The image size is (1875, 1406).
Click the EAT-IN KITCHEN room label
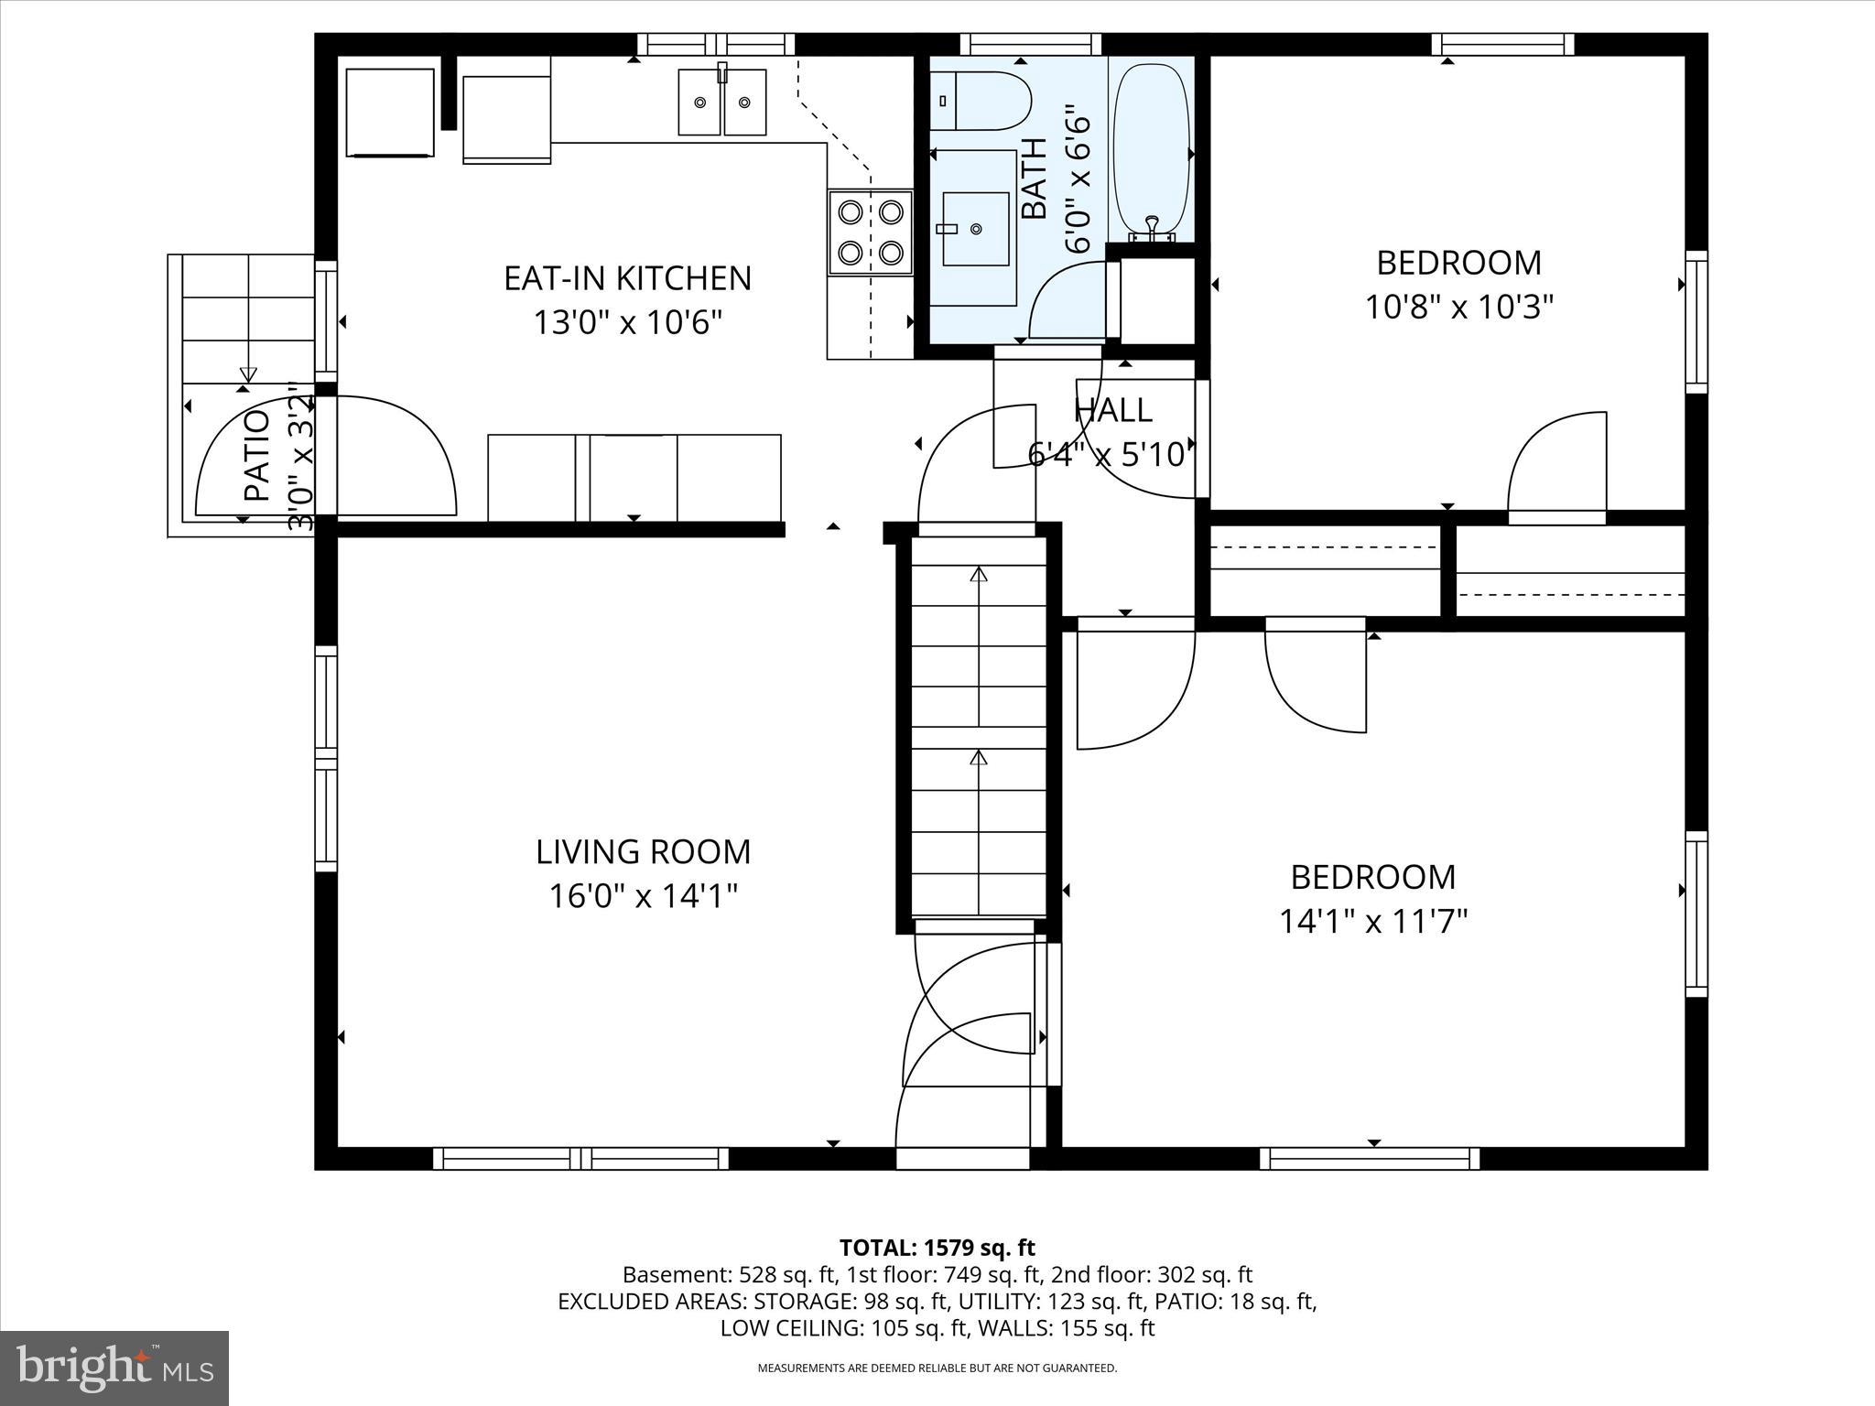[x=627, y=278]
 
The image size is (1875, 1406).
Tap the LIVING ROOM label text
[x=643, y=852]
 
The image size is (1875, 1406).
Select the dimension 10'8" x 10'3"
[x=1459, y=307]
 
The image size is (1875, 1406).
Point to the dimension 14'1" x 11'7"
[x=1372, y=921]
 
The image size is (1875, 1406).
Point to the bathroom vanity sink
[x=976, y=229]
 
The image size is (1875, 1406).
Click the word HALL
[x=1112, y=409]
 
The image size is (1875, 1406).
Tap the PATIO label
[x=257, y=455]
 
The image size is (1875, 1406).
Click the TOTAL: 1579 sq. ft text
[x=937, y=1248]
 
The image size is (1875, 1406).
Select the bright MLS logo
[x=114, y=1368]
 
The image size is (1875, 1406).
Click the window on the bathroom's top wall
[x=1030, y=44]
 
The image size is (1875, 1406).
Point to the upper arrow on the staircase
[x=979, y=575]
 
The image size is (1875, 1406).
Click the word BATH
[x=1033, y=178]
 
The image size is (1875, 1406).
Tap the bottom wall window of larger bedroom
[x=1369, y=1159]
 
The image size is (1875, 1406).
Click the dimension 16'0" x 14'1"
[x=643, y=896]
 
